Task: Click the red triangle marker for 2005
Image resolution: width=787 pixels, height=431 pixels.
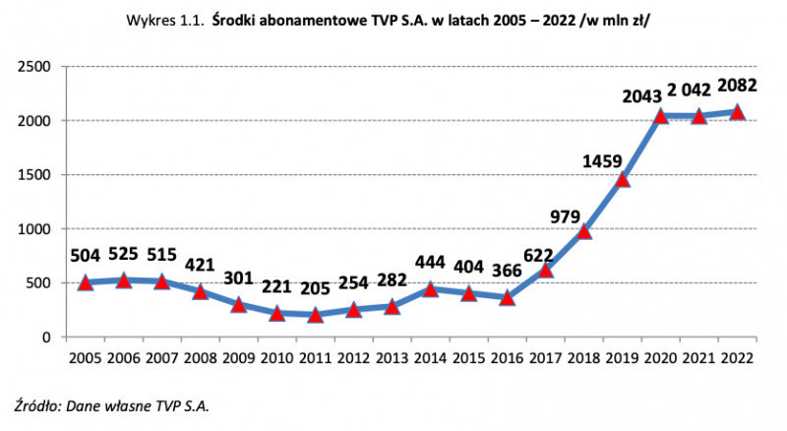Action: pos(86,282)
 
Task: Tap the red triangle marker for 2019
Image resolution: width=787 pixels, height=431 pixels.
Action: pos(622,179)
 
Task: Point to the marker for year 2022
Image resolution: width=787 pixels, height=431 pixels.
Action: pos(737,112)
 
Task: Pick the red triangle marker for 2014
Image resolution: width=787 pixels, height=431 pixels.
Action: pos(430,289)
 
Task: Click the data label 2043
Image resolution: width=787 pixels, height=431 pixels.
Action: pos(643,96)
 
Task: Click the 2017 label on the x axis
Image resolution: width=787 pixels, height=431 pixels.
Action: pos(545,357)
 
